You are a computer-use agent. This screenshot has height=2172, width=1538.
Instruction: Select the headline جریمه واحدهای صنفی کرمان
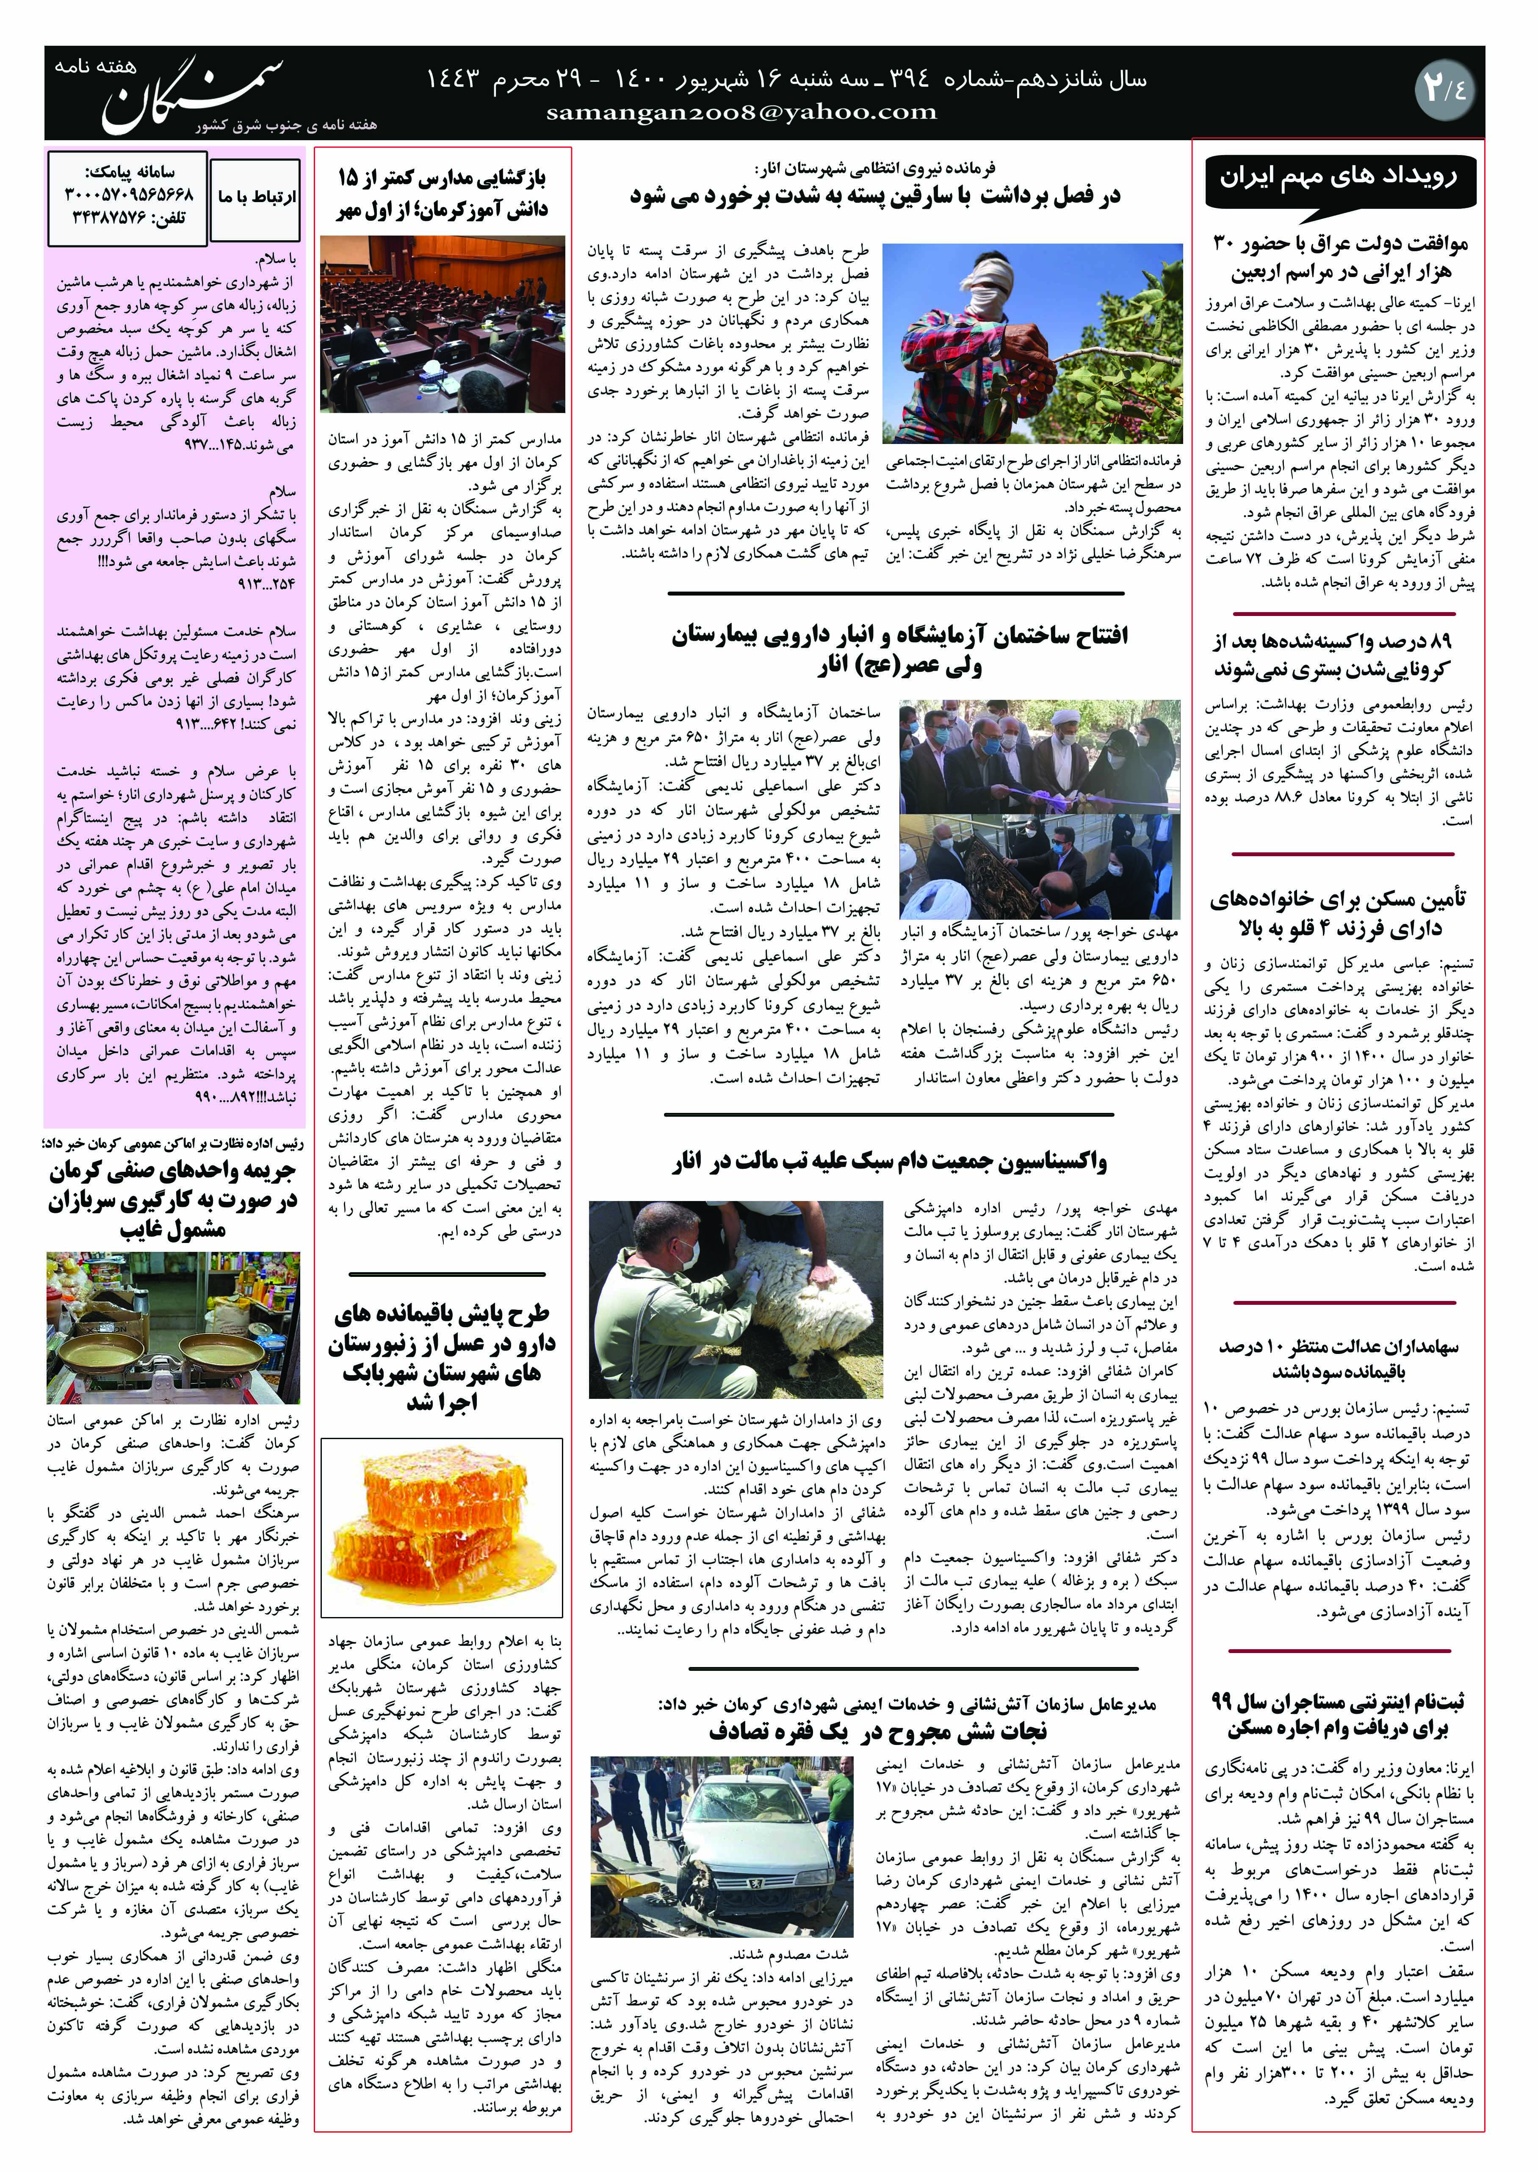click(172, 1200)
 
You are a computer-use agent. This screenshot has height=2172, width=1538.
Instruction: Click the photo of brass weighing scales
click(173, 1328)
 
